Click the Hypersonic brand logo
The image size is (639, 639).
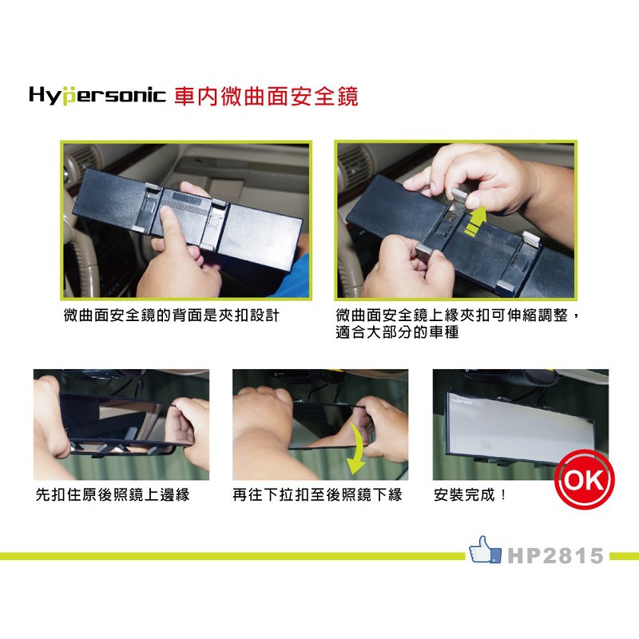97,96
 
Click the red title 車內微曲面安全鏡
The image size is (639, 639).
266,97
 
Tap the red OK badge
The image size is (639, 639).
585,480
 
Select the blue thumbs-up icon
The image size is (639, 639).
485,550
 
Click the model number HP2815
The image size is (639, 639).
555,555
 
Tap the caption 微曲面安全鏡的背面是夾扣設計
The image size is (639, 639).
171,316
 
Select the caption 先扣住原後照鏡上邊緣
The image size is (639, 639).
113,494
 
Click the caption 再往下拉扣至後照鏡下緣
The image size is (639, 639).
317,494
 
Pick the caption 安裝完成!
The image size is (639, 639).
470,494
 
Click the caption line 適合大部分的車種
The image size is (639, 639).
397,332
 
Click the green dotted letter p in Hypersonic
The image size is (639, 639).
69,97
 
